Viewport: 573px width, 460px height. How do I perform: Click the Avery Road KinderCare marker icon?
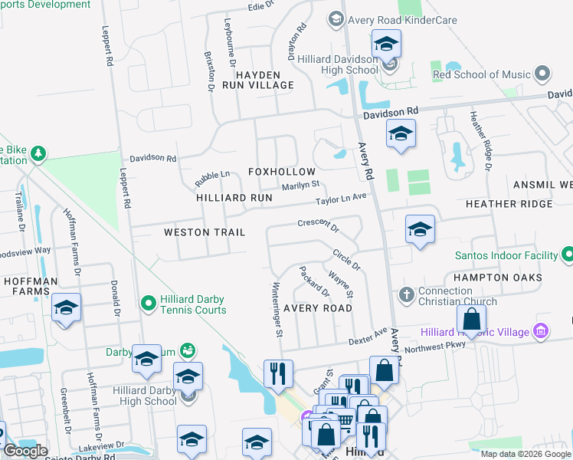(x=335, y=18)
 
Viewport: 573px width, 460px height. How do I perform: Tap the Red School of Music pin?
(x=543, y=74)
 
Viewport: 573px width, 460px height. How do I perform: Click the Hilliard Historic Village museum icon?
(x=542, y=331)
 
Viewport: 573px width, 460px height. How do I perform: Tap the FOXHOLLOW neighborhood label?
(x=281, y=172)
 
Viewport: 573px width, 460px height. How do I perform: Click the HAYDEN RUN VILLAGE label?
(x=258, y=80)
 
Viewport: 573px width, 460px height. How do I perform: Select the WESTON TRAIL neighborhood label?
(x=205, y=232)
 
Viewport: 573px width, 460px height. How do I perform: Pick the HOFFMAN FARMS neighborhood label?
(x=31, y=287)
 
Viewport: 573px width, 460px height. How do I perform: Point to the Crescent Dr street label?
(x=318, y=225)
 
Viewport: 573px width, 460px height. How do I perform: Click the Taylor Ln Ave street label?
(x=342, y=200)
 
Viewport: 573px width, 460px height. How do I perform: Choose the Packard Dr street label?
(x=315, y=282)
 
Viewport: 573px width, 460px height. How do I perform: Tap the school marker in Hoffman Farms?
(x=67, y=308)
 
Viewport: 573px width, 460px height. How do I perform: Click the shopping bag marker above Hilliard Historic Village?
(x=473, y=317)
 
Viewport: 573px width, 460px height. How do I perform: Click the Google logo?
(x=25, y=451)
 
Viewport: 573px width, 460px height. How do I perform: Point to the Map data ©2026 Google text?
(x=526, y=454)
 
